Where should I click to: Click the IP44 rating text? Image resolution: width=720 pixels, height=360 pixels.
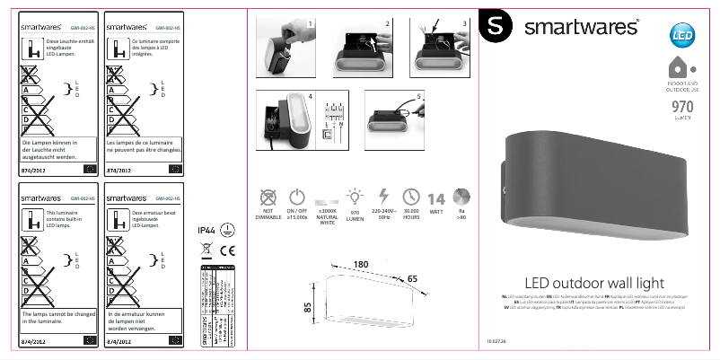click(x=206, y=231)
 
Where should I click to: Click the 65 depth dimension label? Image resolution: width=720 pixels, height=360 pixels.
click(x=412, y=279)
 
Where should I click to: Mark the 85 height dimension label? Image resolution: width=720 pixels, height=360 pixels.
click(x=308, y=307)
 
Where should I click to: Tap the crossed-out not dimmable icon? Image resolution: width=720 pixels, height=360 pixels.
click(x=267, y=198)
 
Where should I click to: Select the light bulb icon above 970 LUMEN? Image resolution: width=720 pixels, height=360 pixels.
click(x=355, y=197)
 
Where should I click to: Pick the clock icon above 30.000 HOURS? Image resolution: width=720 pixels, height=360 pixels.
click(x=411, y=197)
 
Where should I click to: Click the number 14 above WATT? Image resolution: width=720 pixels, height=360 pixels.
click(x=436, y=199)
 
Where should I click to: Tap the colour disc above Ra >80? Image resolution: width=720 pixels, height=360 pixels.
click(x=461, y=198)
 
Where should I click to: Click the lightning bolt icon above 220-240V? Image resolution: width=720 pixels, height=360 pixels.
click(x=383, y=197)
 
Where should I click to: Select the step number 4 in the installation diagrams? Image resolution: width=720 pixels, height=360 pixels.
click(x=310, y=95)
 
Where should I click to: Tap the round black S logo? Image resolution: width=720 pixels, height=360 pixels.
click(x=495, y=27)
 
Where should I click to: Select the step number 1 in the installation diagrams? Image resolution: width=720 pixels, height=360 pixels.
click(x=310, y=22)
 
